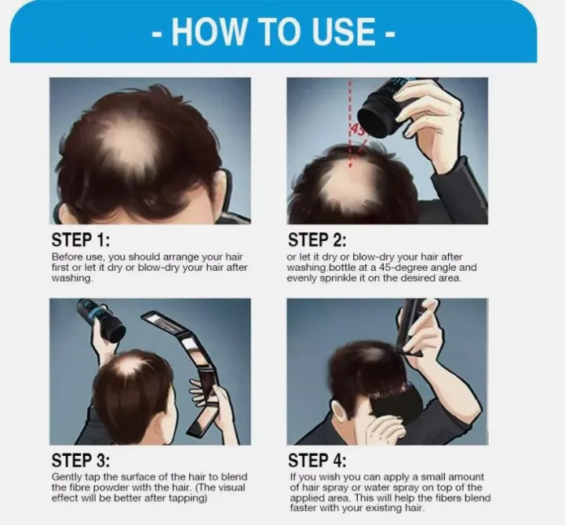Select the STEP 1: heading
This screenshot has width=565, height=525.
coord(81,240)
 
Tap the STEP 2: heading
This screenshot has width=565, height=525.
coord(317,240)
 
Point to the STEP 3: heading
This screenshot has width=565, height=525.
coord(81,461)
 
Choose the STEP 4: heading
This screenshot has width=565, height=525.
coord(317,461)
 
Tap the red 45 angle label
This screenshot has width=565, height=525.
coord(357,129)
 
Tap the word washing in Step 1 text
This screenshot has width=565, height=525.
coord(72,279)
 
